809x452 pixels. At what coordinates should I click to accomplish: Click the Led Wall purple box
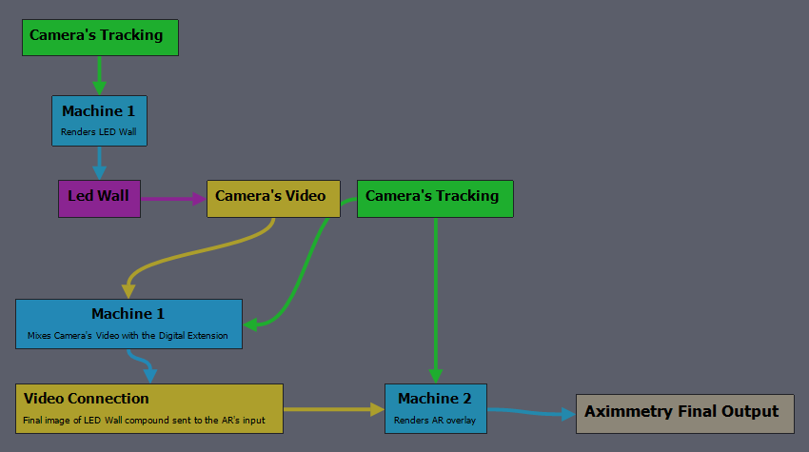point(99,199)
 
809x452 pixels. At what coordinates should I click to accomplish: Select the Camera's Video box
point(273,199)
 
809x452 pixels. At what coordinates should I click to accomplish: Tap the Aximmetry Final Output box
point(685,414)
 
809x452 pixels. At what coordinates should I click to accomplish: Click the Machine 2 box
point(436,408)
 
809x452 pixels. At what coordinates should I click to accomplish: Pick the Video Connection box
point(149,408)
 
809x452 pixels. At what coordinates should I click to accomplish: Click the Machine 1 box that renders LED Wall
point(99,121)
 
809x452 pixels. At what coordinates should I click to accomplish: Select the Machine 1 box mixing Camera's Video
point(129,324)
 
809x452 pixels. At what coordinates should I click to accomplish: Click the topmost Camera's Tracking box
point(100,38)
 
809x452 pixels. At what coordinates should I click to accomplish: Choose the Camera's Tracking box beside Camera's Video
point(435,199)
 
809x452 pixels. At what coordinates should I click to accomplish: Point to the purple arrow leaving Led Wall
point(173,199)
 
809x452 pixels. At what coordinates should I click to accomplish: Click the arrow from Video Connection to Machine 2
point(334,410)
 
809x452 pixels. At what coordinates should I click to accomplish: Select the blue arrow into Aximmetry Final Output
point(531,412)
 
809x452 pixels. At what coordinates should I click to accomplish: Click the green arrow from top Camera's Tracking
point(100,75)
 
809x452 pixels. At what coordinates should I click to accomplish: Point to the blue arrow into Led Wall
point(100,163)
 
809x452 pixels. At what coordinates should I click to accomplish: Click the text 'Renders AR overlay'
point(435,421)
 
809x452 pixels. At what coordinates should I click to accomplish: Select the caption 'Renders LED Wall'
point(99,132)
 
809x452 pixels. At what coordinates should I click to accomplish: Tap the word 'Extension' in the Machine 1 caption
point(207,336)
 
